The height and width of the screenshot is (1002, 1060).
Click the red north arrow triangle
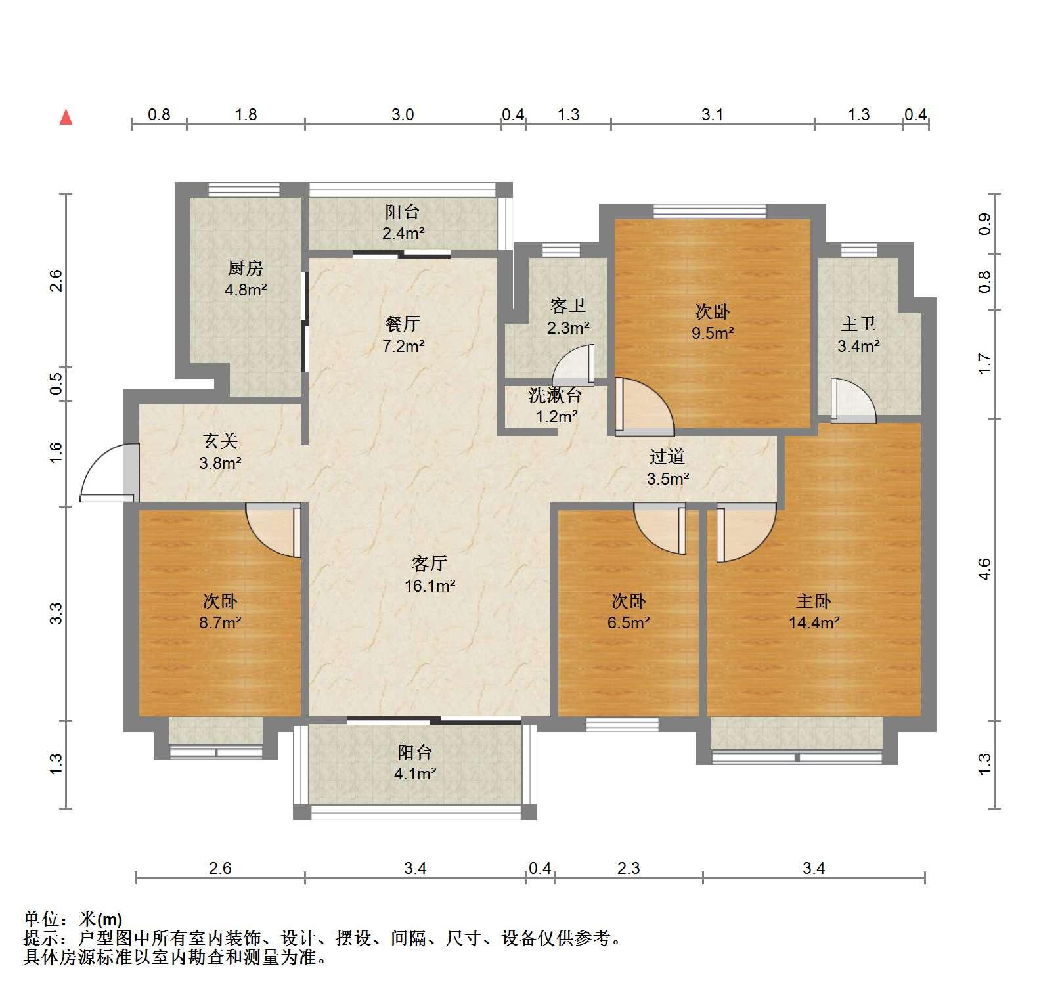click(66, 117)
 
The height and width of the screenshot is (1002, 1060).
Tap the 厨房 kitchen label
click(246, 268)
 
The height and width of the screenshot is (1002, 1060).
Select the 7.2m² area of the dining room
click(403, 345)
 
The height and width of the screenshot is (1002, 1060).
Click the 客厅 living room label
click(430, 563)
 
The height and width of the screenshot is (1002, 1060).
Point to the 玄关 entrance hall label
click(220, 441)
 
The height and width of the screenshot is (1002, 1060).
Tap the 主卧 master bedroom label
click(814, 601)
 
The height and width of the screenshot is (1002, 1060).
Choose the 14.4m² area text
click(814, 622)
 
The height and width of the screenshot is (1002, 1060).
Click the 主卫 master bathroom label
click(858, 324)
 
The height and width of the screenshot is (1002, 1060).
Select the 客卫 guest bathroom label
click(568, 305)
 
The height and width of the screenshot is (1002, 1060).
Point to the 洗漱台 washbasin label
click(556, 395)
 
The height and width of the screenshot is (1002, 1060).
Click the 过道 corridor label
click(667, 456)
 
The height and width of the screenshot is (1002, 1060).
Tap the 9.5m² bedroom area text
click(713, 333)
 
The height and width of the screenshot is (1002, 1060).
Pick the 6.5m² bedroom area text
click(629, 622)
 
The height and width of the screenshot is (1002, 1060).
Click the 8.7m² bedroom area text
click(220, 622)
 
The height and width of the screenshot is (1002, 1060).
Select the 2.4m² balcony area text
click(403, 233)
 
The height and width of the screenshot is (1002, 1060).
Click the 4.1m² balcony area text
click(415, 773)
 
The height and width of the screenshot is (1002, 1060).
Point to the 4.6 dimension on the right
click(984, 569)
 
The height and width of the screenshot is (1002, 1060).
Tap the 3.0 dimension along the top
click(403, 115)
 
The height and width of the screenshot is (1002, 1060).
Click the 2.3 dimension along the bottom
click(629, 869)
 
